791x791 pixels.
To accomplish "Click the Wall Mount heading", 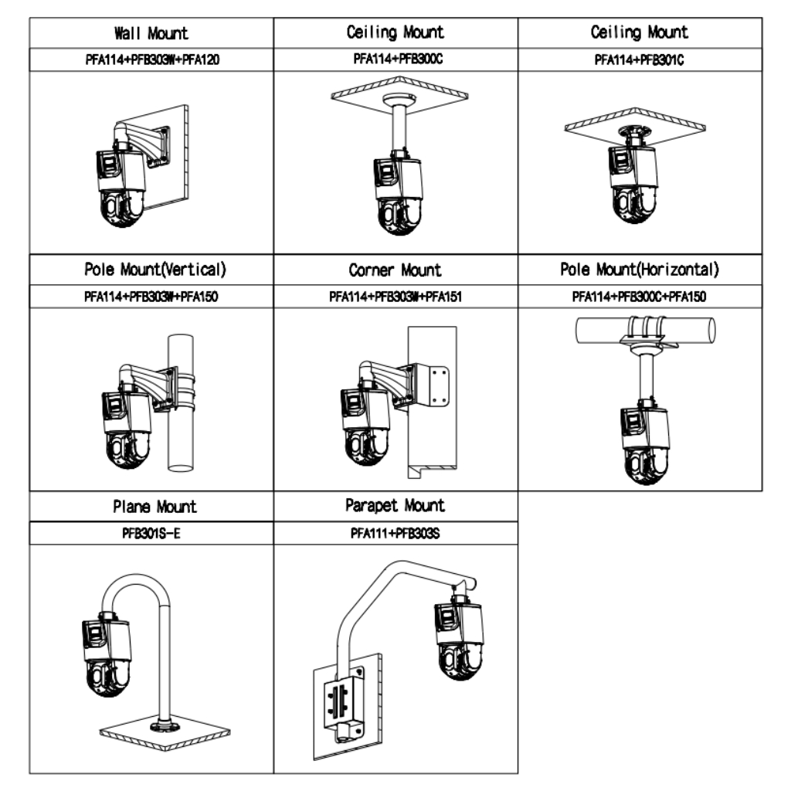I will tap(151, 34).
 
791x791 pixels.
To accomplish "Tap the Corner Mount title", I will tap(395, 270).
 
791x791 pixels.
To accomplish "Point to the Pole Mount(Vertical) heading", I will tap(151, 270).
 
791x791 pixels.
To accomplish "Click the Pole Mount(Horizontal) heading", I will tap(640, 270).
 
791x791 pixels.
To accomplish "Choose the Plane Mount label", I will tap(151, 508).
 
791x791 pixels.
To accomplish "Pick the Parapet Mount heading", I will tap(395, 506).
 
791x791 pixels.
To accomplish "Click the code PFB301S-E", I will tap(151, 533).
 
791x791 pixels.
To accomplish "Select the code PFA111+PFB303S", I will tap(395, 533).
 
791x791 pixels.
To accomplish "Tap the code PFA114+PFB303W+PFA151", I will tap(395, 297).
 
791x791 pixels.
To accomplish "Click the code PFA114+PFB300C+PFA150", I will tap(640, 297).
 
